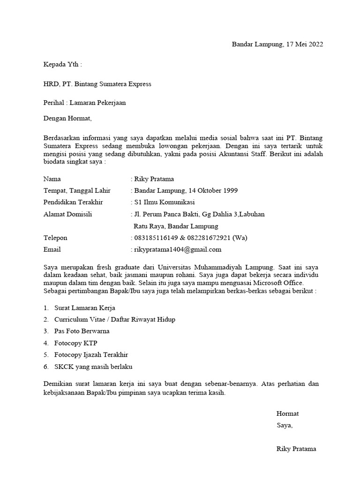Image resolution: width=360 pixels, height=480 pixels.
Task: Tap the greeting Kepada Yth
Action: tap(62, 64)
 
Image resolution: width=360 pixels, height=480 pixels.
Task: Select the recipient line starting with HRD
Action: tap(97, 84)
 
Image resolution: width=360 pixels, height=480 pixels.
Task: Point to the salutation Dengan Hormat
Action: tap(67, 119)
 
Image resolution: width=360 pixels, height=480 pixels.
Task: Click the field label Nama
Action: tap(52, 179)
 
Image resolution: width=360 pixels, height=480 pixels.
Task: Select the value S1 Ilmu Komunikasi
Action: tap(165, 202)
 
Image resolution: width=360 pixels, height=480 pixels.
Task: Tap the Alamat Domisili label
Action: tap(67, 214)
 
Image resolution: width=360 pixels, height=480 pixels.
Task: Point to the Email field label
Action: tap(52, 249)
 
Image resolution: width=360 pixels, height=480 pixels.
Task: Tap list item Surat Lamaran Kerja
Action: tap(84, 308)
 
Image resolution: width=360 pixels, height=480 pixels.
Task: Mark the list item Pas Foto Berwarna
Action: tap(82, 331)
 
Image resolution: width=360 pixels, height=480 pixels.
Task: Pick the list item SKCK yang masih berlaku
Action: tap(96, 367)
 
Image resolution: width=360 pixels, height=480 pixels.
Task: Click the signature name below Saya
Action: tap(296, 449)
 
